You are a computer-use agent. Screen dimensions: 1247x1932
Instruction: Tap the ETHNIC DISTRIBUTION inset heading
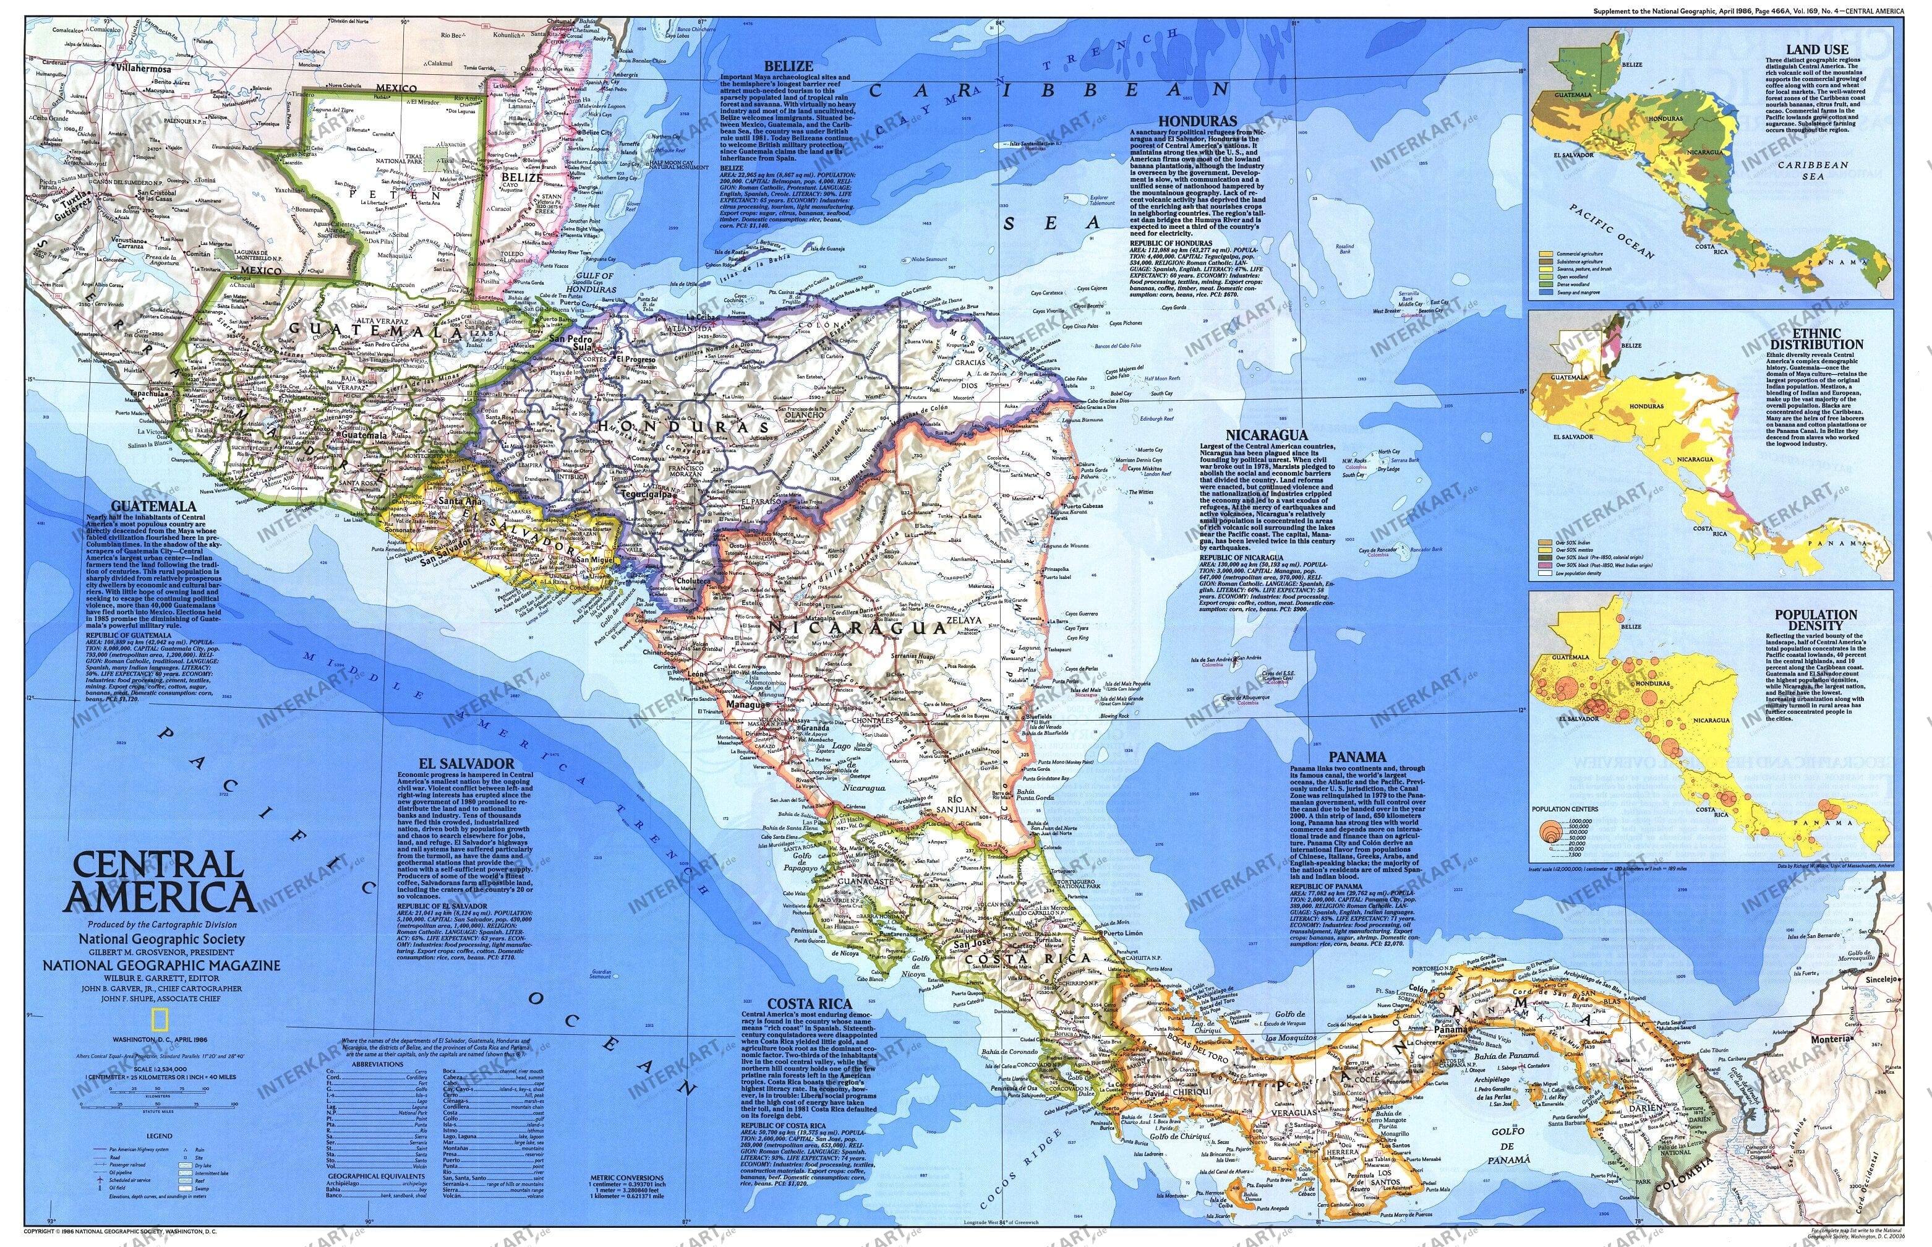pyautogui.click(x=1816, y=338)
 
